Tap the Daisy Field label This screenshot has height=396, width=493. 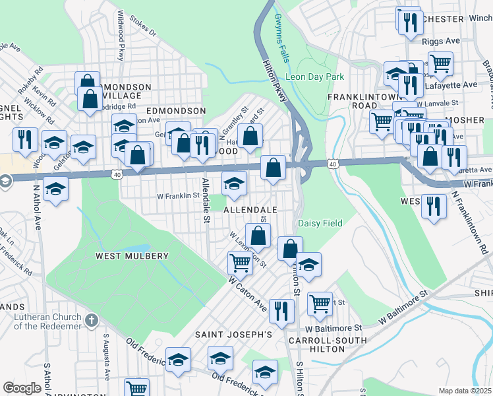320,223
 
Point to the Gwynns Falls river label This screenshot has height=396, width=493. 282,38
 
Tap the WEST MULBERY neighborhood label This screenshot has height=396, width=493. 132,255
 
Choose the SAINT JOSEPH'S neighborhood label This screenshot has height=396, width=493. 233,335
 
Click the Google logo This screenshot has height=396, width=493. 22,387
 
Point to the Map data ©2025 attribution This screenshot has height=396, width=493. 465,391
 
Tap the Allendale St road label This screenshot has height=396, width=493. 206,202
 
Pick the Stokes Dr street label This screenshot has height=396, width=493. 143,27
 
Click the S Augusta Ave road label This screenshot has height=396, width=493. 105,356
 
